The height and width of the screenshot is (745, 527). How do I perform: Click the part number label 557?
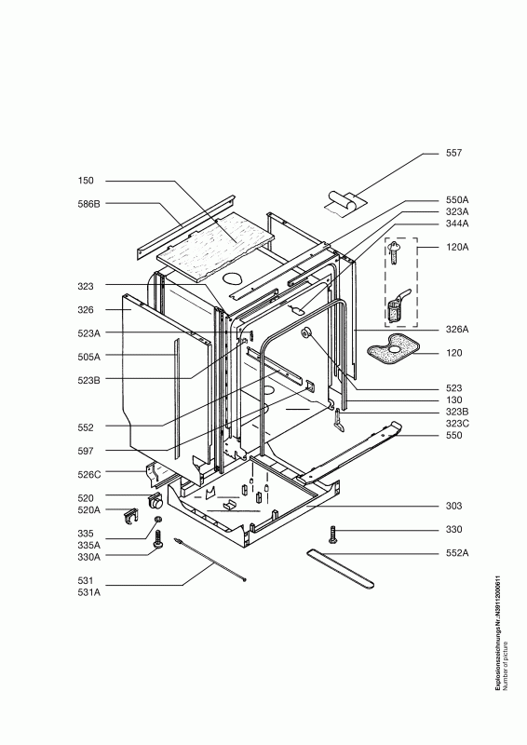click(x=453, y=153)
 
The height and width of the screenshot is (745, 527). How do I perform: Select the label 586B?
click(x=88, y=204)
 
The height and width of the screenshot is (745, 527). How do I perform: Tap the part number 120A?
click(x=456, y=247)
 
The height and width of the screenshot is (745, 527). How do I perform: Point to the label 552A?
click(x=456, y=553)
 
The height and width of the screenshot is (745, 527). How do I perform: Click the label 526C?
click(x=88, y=474)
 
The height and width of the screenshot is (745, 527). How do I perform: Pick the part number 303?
click(x=453, y=506)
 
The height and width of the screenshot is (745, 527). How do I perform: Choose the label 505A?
click(x=88, y=357)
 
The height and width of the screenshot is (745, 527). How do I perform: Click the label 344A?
click(x=456, y=223)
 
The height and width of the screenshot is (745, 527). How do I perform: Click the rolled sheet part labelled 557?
click(x=345, y=202)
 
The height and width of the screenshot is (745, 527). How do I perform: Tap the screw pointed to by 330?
click(x=332, y=534)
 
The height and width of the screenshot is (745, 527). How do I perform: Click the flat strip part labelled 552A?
click(x=340, y=568)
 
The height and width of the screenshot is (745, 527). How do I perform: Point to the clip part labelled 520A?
click(x=130, y=517)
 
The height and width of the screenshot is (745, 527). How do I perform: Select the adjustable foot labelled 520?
click(x=155, y=501)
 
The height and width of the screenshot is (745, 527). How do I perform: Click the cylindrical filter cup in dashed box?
click(x=396, y=309)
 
